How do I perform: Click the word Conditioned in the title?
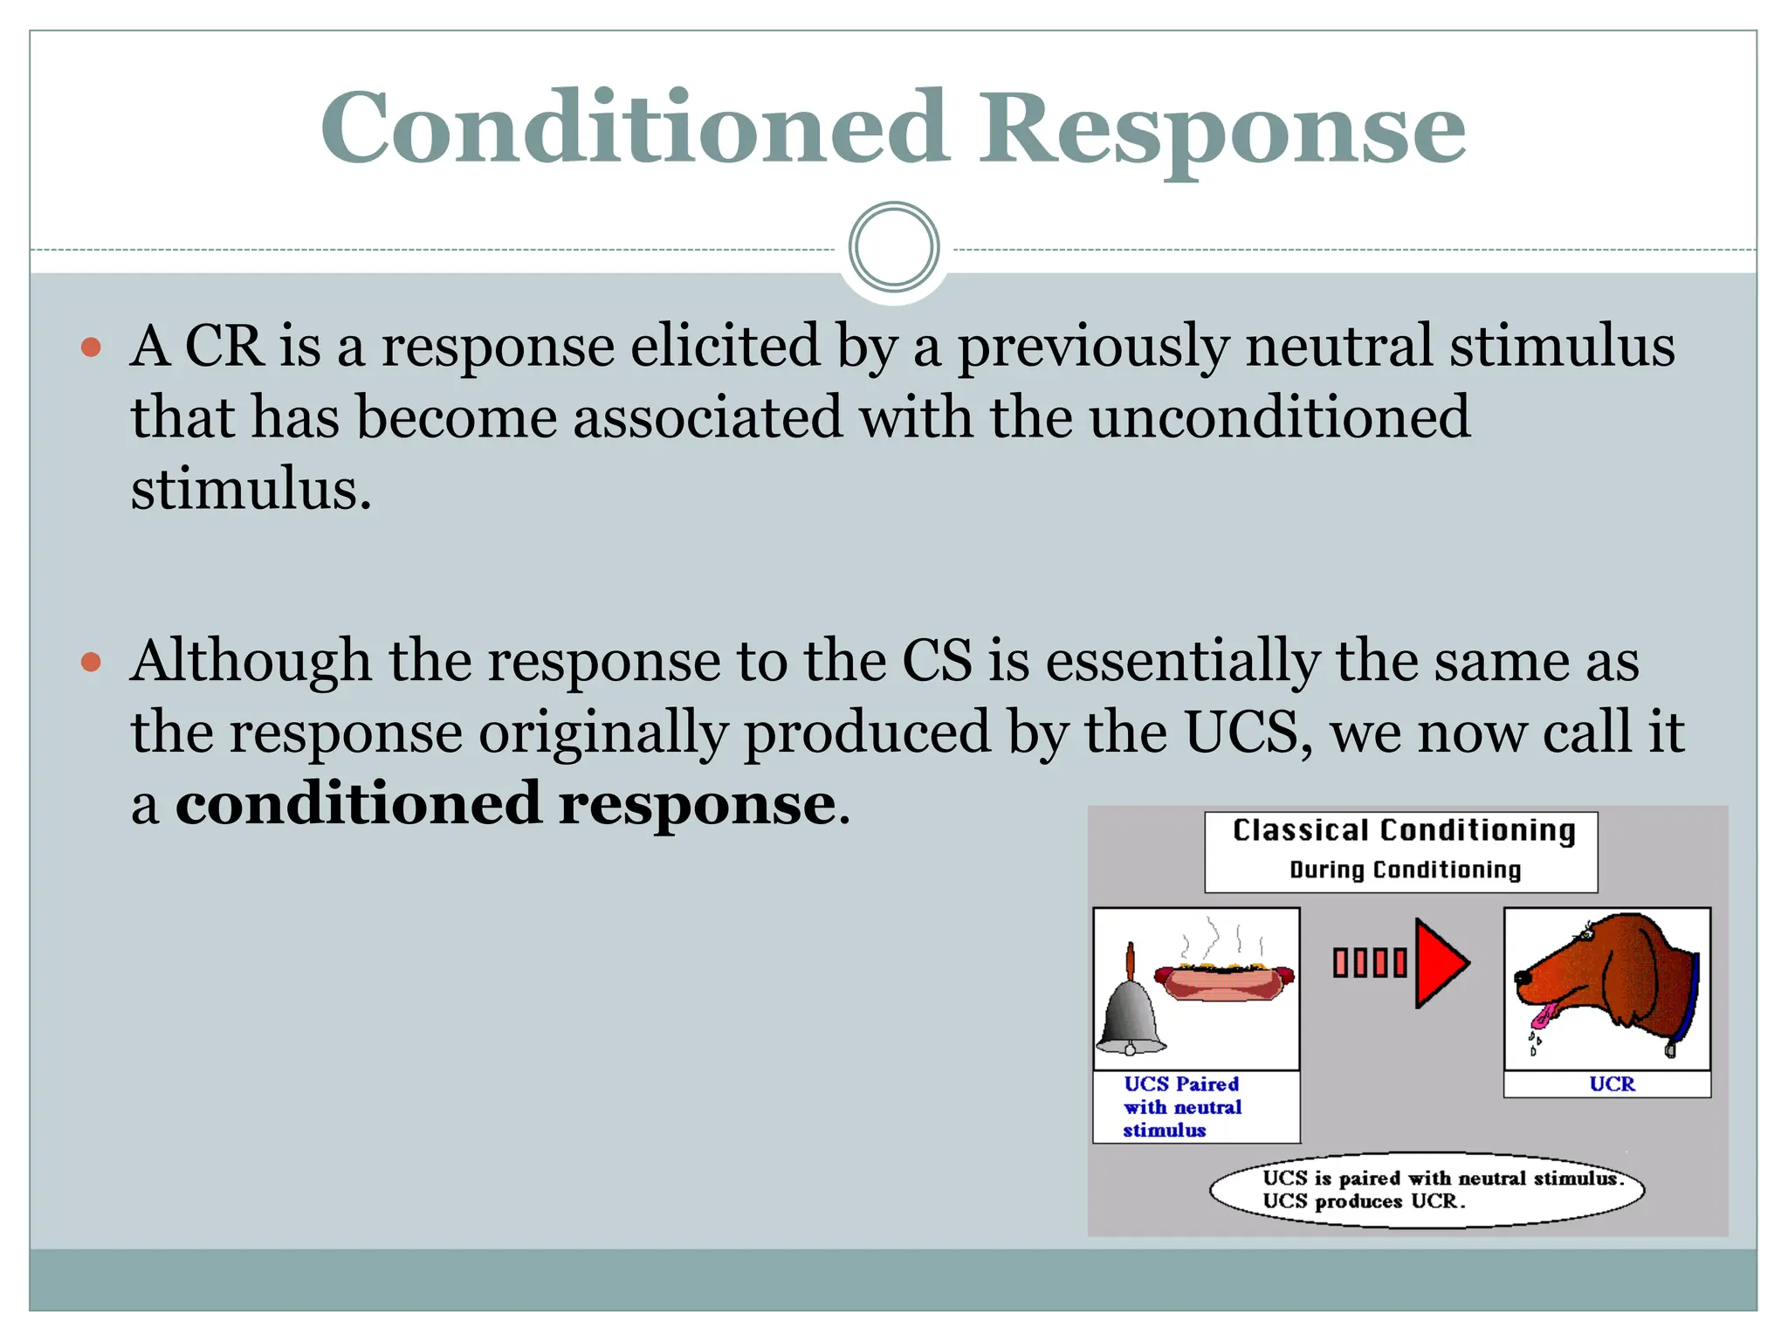point(635,129)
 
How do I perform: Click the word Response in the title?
point(1221,131)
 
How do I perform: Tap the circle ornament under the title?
point(893,247)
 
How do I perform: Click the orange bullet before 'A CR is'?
point(91,348)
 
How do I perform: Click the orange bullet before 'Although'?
point(91,663)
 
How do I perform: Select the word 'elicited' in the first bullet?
point(725,346)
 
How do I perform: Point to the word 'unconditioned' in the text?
point(1279,417)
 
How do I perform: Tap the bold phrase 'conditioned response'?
point(505,803)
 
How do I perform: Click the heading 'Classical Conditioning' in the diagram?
point(1403,830)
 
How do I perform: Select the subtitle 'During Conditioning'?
point(1405,870)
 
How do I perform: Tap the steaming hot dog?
point(1224,980)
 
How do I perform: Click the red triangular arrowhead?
point(1439,963)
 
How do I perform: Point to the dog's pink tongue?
point(1544,1015)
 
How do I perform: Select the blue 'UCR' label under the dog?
point(1611,1084)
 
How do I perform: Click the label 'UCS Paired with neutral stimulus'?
point(1182,1107)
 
